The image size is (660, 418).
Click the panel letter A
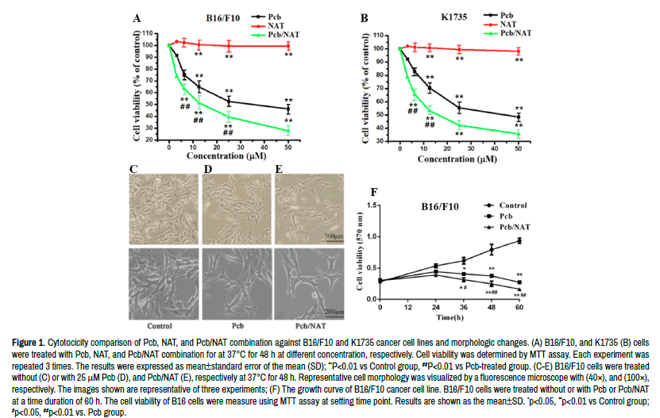pyautogui.click(x=137, y=18)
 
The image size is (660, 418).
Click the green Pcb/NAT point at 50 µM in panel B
pyautogui.click(x=519, y=134)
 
